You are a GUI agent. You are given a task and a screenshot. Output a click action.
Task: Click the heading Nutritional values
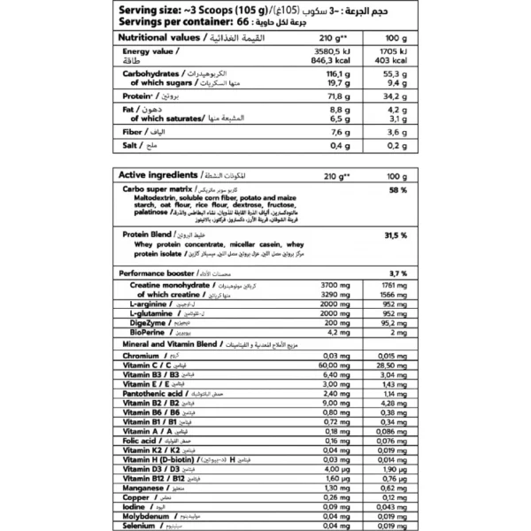pyautogui.click(x=156, y=39)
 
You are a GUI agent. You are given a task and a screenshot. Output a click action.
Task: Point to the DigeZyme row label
pyautogui.click(x=150, y=323)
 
